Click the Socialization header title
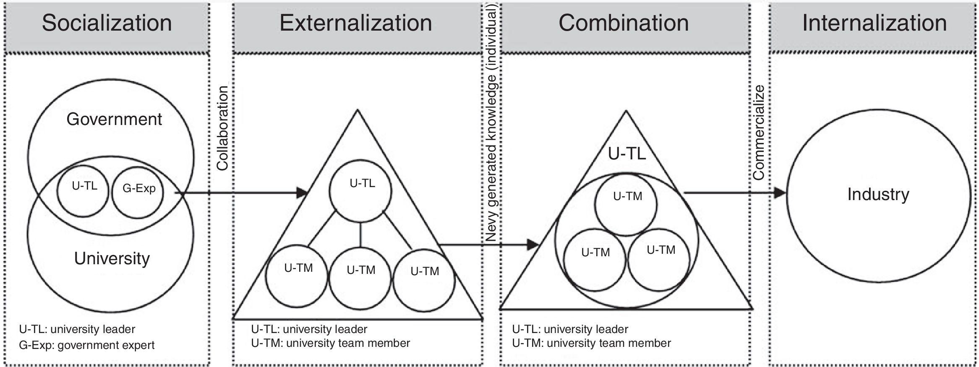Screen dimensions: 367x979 [x=107, y=23]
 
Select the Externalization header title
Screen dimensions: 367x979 [x=356, y=23]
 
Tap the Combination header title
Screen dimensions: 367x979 [x=624, y=23]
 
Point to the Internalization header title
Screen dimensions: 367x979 [x=875, y=23]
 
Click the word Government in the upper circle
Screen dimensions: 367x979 [x=114, y=120]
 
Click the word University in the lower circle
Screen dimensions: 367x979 [x=112, y=258]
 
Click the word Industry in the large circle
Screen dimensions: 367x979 [x=878, y=195]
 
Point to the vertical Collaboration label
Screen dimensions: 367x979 [x=222, y=128]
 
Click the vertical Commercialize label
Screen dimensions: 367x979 [x=759, y=132]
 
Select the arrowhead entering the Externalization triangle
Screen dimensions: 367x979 [x=302, y=193]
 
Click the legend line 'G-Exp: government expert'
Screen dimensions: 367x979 [x=87, y=345]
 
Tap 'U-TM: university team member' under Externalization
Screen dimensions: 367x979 [x=331, y=343]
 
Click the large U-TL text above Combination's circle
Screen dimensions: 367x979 [x=627, y=154]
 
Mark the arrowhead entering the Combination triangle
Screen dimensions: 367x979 [x=533, y=245]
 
